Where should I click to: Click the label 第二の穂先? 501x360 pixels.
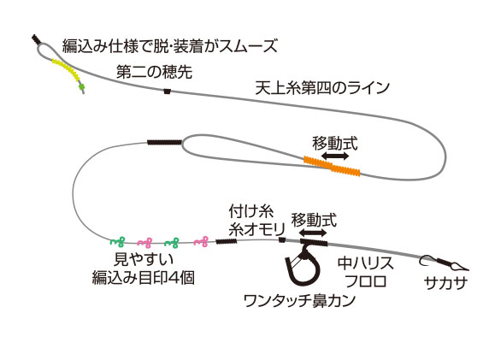tap(155, 72)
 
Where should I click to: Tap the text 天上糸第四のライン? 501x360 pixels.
tap(322, 87)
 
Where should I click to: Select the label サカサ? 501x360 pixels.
tap(445, 283)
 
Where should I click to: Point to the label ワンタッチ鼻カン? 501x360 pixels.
tap(299, 300)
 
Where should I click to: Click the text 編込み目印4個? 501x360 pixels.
tap(144, 278)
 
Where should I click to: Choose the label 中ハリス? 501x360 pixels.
tap(366, 263)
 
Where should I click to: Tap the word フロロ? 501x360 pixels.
tap(366, 281)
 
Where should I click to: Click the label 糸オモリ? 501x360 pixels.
tap(256, 229)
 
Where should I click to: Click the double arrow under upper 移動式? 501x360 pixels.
tap(335, 156)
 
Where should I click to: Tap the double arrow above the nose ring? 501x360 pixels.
tap(314, 233)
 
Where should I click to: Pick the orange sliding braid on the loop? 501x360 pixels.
tap(332, 166)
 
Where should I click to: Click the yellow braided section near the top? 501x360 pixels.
tap(67, 70)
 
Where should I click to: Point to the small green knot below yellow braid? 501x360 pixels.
tap(82, 86)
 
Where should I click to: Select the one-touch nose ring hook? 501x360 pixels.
tap(303, 263)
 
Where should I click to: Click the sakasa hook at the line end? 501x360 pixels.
tap(444, 263)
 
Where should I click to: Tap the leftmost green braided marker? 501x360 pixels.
tap(117, 242)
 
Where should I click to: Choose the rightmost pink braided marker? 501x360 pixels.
tap(201, 242)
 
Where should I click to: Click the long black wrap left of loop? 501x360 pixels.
tap(164, 142)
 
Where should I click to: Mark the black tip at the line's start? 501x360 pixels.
tap(36, 39)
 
